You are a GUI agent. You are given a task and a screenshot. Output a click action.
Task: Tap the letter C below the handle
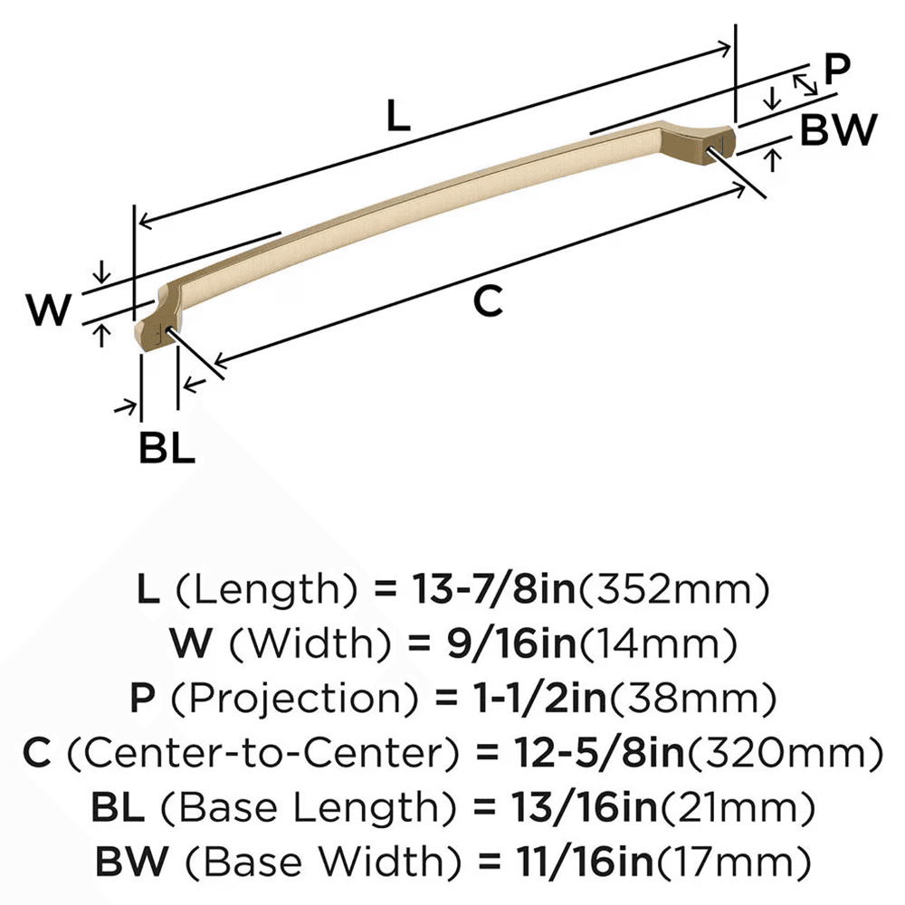pyautogui.click(x=488, y=301)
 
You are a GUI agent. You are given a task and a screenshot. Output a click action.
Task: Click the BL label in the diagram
pyautogui.click(x=167, y=448)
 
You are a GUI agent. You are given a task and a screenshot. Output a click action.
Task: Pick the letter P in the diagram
pyautogui.click(x=837, y=71)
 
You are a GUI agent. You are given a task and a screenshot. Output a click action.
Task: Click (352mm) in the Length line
pyautogui.click(x=673, y=591)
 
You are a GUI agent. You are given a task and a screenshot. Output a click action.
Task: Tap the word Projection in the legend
pyautogui.click(x=268, y=698)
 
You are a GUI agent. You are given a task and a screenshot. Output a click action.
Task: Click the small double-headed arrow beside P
pyautogui.click(x=805, y=84)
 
